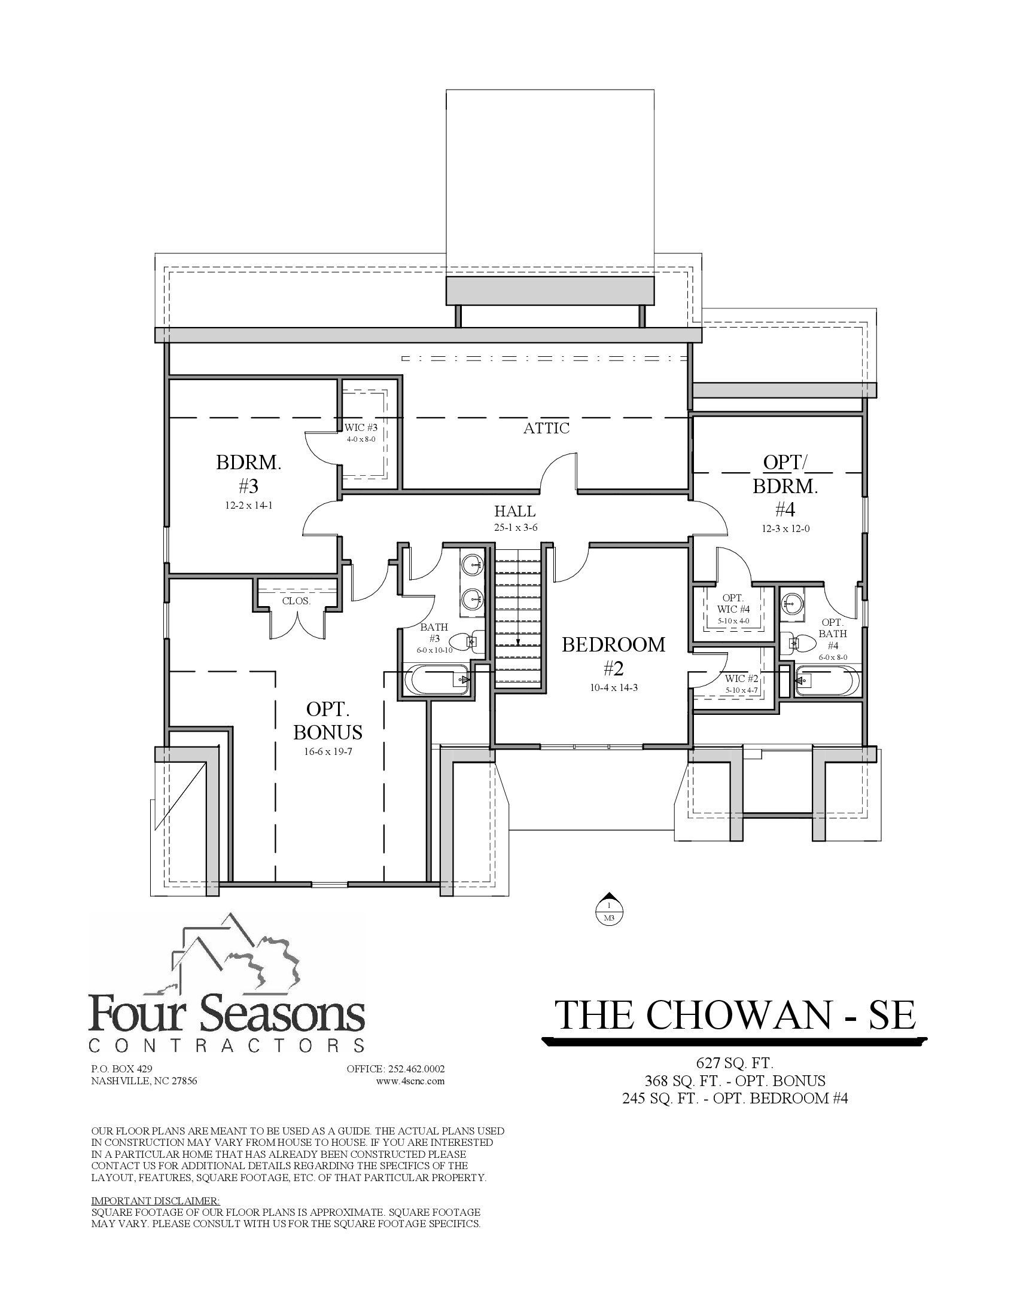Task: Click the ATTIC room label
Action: tap(546, 428)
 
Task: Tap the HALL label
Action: tap(514, 511)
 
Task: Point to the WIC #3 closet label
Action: tap(361, 427)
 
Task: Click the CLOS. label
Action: tap(296, 600)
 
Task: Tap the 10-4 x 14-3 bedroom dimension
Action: tap(613, 687)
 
